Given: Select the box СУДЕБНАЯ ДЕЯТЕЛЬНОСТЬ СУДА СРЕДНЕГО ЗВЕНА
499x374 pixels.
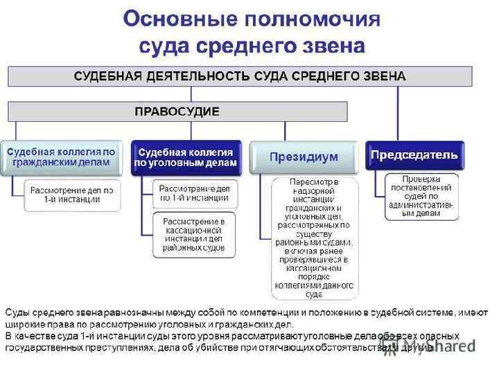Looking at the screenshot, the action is click(x=240, y=75).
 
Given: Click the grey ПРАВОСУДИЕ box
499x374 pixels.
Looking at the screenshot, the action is click(x=177, y=111).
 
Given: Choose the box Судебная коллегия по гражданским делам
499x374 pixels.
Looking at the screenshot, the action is click(x=60, y=157).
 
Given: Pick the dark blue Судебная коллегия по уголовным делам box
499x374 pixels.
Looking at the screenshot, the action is click(x=186, y=157).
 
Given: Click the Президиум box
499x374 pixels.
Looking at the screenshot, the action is click(x=304, y=157).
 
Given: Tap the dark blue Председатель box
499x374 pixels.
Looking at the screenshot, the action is click(x=414, y=154).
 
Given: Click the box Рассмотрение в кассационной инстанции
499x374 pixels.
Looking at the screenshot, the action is click(x=193, y=233).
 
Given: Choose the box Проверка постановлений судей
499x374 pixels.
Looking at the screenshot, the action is click(x=421, y=196).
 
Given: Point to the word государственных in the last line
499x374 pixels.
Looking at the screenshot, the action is click(x=44, y=347).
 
